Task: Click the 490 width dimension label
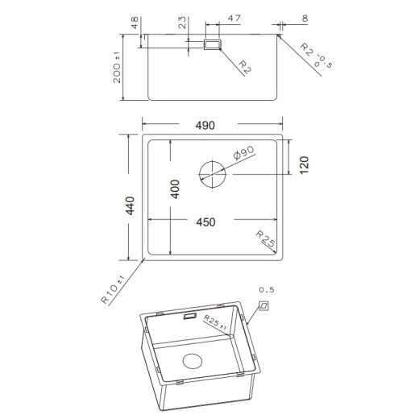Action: tap(205, 126)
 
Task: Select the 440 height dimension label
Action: tap(131, 205)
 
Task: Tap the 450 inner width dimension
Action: tap(205, 222)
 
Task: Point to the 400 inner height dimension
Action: tap(175, 189)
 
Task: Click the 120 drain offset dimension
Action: tap(305, 165)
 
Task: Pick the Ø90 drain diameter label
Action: tap(243, 152)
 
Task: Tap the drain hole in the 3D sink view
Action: tap(193, 361)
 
